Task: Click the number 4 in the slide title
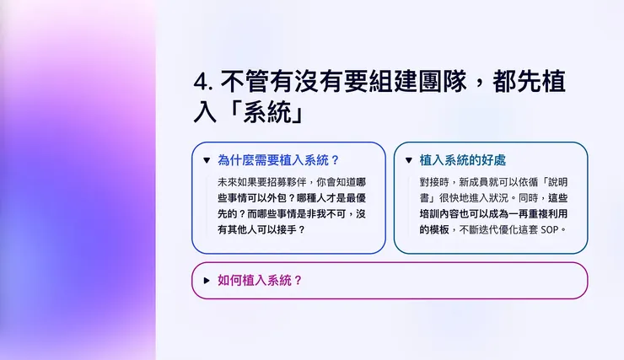pos(201,82)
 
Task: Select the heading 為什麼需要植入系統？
pos(278,160)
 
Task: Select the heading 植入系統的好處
pos(462,160)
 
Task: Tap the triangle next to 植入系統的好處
pos(409,160)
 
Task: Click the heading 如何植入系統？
pos(260,281)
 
